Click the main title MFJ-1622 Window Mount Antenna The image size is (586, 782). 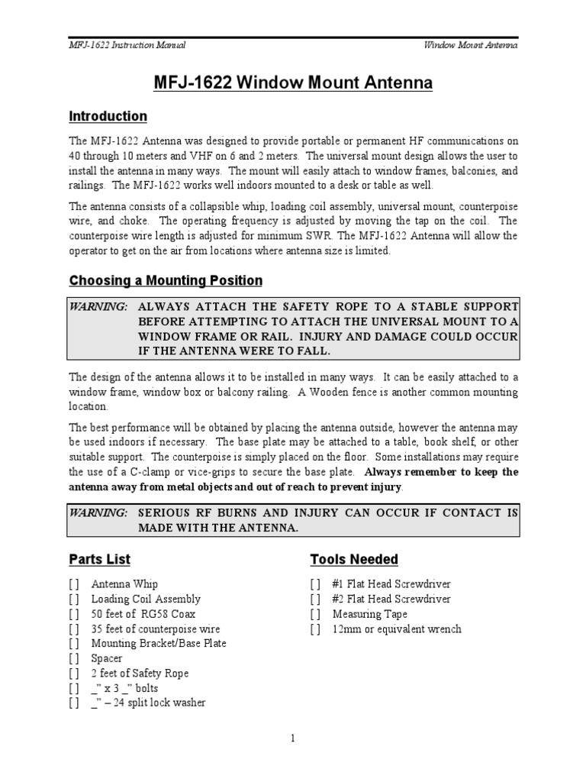click(293, 82)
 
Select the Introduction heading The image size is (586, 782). click(108, 117)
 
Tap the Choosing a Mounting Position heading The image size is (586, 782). click(166, 280)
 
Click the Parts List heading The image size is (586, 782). click(99, 559)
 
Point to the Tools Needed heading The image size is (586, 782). click(354, 559)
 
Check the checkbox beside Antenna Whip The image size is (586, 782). click(73, 585)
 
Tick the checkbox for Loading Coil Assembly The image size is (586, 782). click(73, 599)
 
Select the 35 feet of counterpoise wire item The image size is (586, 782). click(155, 629)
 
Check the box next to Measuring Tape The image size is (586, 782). click(314, 614)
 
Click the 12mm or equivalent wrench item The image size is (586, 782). click(397, 629)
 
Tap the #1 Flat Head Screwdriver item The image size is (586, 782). click(391, 585)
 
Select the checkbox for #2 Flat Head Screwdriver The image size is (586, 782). click(314, 599)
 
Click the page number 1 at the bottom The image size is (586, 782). click(293, 738)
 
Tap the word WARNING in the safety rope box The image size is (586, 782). click(98, 306)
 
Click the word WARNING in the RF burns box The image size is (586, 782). click(98, 513)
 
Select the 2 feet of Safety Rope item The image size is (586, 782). click(140, 674)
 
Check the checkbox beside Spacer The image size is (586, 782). click(73, 658)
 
